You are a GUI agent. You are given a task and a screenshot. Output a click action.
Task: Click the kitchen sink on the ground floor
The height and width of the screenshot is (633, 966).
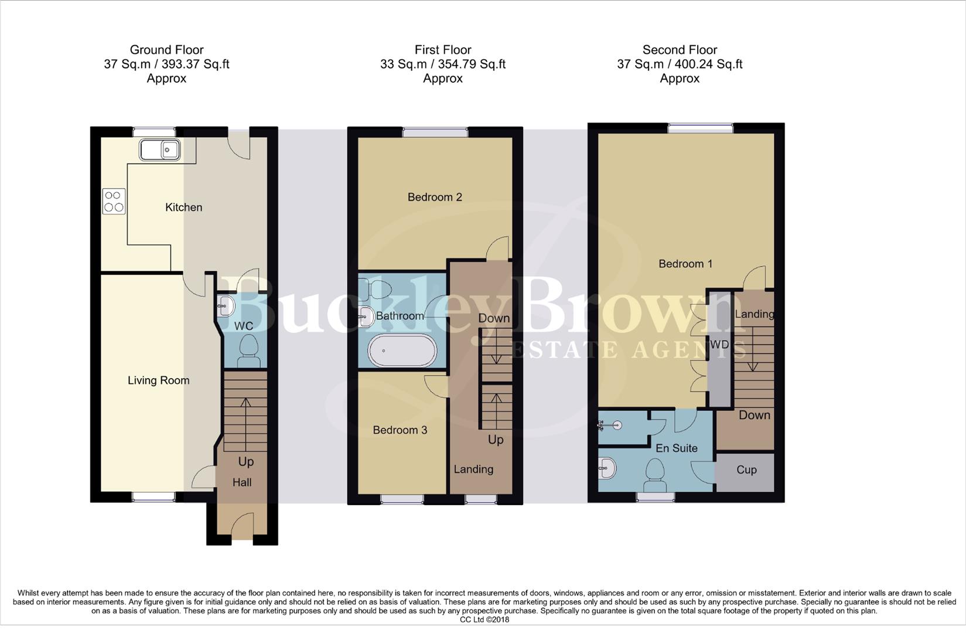click(x=159, y=150)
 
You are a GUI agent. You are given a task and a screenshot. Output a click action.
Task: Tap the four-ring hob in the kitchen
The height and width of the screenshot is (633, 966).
click(x=114, y=201)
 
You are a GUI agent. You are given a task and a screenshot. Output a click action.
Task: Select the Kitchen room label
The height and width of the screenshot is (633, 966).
click(x=183, y=207)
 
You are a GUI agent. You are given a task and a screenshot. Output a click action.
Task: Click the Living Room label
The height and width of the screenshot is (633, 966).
click(x=158, y=380)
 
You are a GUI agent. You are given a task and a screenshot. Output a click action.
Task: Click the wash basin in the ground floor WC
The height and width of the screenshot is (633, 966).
click(x=226, y=305)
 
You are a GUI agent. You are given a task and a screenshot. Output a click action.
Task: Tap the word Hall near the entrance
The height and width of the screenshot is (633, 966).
click(x=242, y=482)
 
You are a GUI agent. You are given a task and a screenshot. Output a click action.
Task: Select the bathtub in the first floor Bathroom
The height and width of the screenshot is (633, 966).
click(x=402, y=350)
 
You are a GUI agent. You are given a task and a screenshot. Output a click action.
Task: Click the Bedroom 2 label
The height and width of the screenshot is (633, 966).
click(x=435, y=198)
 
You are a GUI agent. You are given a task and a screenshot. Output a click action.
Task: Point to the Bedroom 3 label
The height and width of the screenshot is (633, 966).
click(x=400, y=430)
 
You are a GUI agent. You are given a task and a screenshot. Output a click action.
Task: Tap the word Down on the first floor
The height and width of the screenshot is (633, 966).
click(x=494, y=318)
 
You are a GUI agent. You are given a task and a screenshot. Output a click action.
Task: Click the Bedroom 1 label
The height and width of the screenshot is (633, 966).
click(x=685, y=264)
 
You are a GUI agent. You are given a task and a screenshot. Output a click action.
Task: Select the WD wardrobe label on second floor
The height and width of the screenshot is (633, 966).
click(x=719, y=345)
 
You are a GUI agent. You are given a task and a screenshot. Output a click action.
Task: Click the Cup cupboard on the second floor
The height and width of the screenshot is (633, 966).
click(x=746, y=470)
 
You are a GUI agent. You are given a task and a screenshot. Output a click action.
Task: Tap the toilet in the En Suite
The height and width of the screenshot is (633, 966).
click(x=654, y=475)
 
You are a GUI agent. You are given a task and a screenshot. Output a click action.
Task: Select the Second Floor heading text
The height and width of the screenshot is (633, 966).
click(x=680, y=50)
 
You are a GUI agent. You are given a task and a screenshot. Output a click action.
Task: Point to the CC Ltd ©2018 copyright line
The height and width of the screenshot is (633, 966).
click(x=484, y=620)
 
